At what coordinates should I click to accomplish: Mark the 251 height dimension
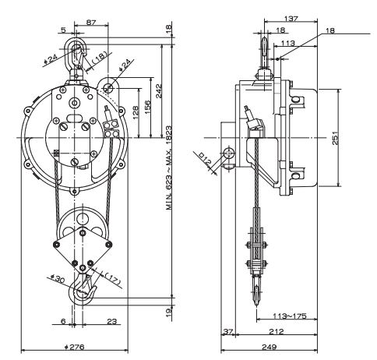tap(346, 137)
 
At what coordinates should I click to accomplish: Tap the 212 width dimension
tap(277, 330)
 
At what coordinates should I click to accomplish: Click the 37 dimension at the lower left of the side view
tap(227, 330)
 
